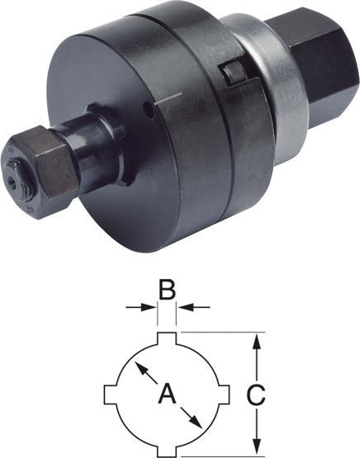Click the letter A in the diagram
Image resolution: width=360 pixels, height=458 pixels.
tap(167, 394)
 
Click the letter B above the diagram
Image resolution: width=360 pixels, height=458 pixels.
tap(167, 290)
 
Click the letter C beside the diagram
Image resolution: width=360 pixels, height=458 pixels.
tap(256, 394)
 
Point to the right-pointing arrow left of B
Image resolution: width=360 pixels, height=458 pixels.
tap(140, 307)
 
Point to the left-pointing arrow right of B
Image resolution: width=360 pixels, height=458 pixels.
tap(194, 307)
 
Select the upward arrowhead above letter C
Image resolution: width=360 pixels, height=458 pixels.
tap(256, 342)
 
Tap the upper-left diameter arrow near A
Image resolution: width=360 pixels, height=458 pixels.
tap(146, 372)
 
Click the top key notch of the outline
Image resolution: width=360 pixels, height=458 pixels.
tap(167, 338)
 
